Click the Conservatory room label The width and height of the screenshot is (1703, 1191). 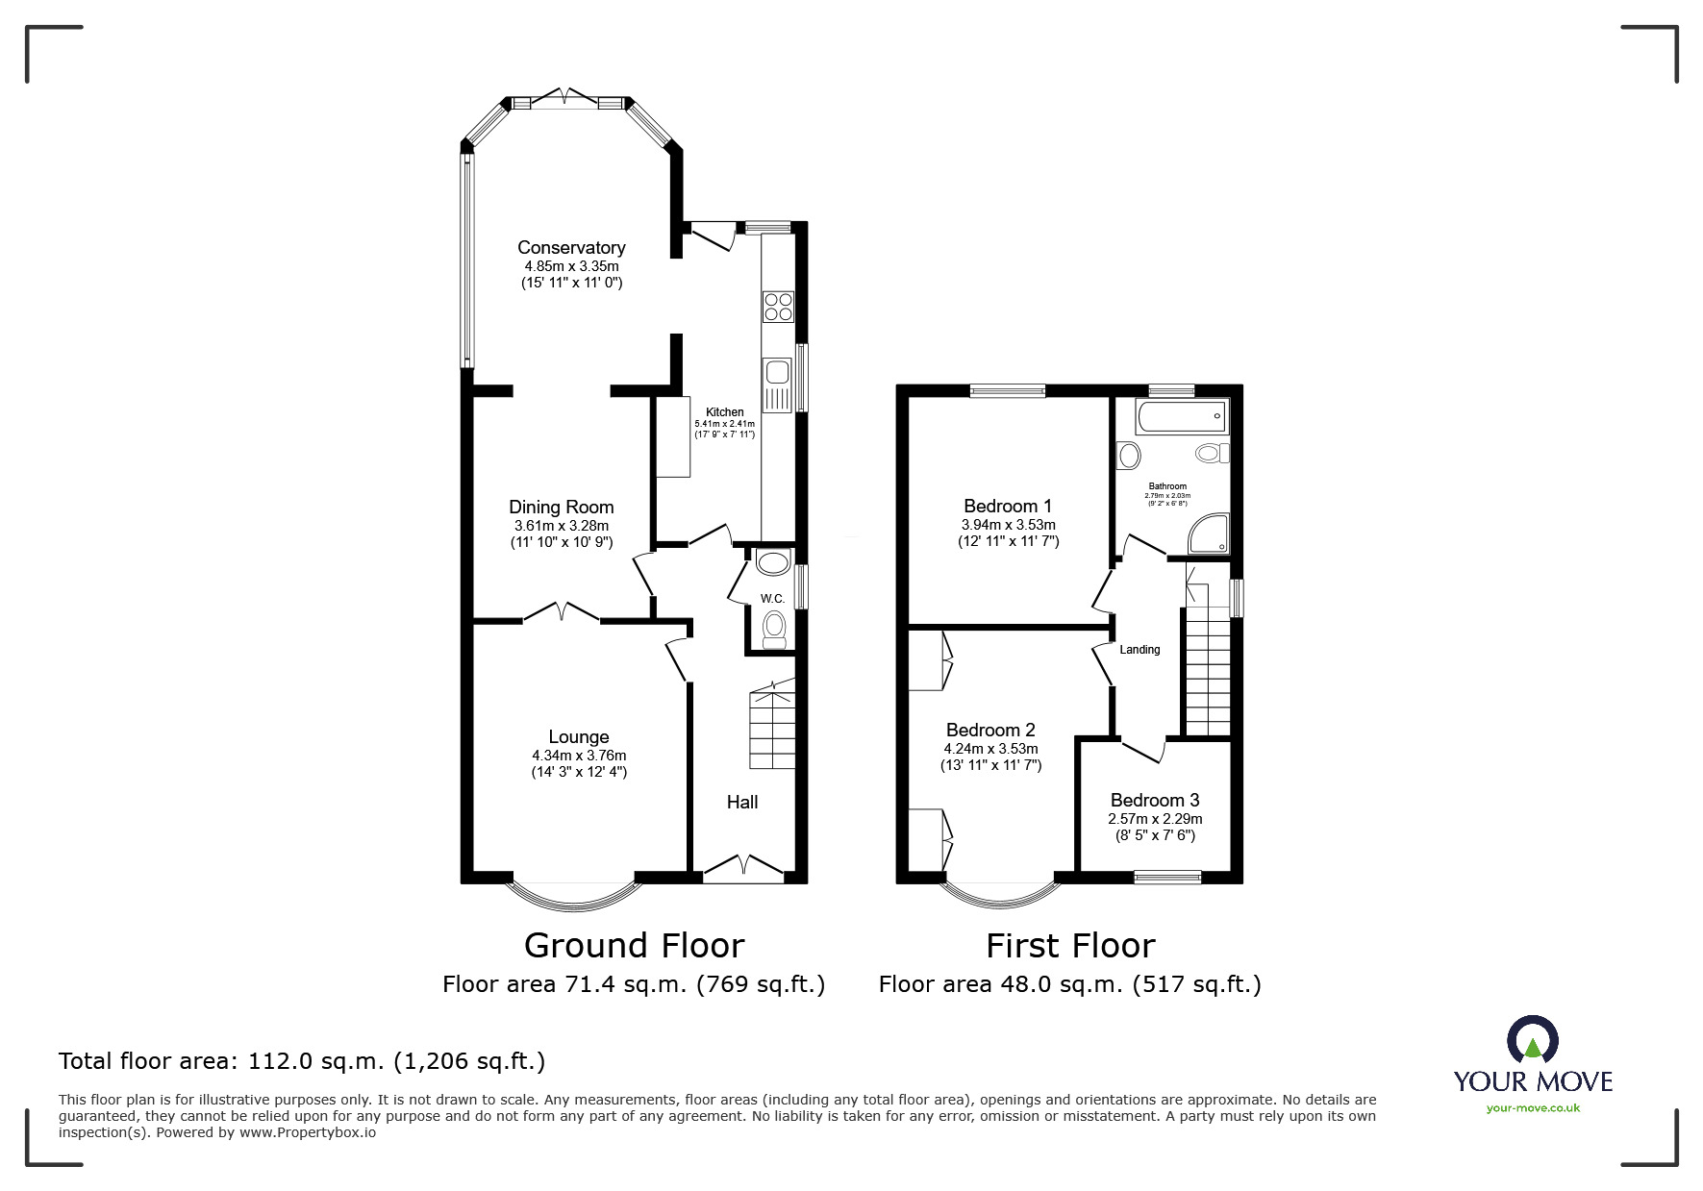point(571,248)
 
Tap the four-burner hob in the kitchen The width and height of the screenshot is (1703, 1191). point(777,307)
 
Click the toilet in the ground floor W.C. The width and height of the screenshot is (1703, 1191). point(774,631)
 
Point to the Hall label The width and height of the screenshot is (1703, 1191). point(741,802)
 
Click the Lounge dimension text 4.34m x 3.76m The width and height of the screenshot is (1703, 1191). point(578,756)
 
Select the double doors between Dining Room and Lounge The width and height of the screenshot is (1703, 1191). point(563,612)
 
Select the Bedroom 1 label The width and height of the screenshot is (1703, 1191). point(1007,506)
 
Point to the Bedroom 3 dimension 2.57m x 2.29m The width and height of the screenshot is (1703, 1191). point(1154,819)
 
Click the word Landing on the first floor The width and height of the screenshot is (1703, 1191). point(1140,650)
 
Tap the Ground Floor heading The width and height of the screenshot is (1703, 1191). point(634,946)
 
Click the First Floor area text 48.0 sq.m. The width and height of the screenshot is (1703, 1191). point(1069,984)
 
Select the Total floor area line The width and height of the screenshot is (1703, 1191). point(302,1061)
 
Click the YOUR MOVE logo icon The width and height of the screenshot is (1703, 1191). point(1532,1041)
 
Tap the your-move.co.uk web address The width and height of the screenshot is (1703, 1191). point(1533,1108)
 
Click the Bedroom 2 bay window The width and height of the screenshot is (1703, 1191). point(1000,897)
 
